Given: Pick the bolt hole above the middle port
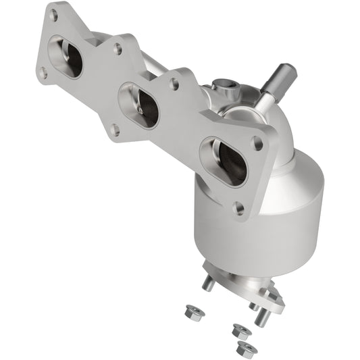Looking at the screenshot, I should (x=118, y=49).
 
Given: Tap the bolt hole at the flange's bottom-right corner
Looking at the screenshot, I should (x=238, y=208).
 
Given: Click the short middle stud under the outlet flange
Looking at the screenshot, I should (x=255, y=305).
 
